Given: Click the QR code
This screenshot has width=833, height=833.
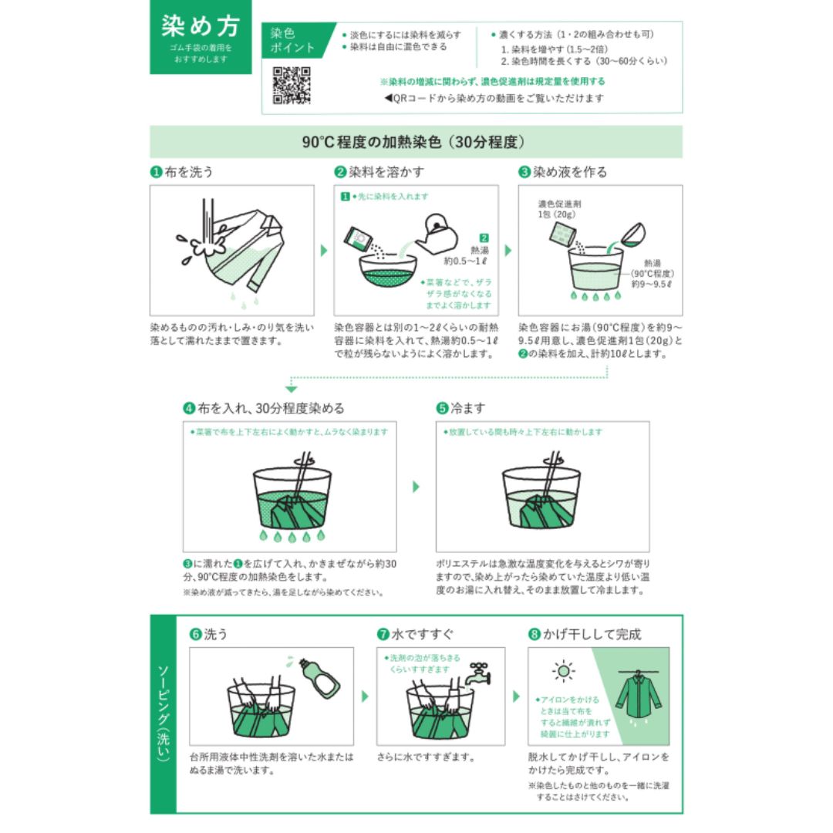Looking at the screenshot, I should (292, 85).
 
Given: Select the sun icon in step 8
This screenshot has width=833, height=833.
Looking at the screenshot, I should (564, 670).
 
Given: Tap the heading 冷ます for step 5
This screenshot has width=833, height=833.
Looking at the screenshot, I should (470, 408).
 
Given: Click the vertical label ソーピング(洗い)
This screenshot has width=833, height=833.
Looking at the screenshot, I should (162, 713).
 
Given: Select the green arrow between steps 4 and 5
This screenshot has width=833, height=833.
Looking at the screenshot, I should (416, 487).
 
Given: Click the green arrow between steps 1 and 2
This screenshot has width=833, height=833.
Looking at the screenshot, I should (323, 251).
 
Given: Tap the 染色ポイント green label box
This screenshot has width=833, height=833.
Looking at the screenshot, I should (293, 41).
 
